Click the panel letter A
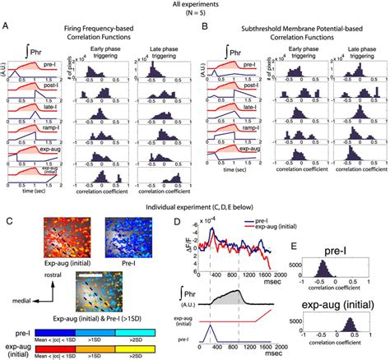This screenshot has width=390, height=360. click(7, 27)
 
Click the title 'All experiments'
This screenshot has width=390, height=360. click(195, 6)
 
